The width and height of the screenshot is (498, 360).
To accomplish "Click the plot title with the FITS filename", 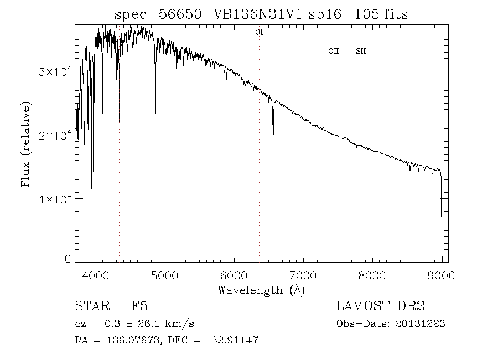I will tap(261, 14).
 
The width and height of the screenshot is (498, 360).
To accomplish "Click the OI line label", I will tap(258, 33).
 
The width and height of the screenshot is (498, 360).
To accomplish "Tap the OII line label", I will tap(333, 52).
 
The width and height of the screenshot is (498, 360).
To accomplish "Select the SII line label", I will tap(361, 52).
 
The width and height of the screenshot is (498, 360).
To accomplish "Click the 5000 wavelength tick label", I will tap(165, 276).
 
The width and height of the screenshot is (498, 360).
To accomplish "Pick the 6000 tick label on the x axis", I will tap(234, 276).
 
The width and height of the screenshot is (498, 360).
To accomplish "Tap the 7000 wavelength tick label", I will tap(303, 276).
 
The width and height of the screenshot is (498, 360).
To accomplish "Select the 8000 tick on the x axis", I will tap(372, 276).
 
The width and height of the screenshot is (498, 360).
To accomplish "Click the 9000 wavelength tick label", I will tap(441, 276).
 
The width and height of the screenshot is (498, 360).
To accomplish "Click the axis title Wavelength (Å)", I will tap(261, 289).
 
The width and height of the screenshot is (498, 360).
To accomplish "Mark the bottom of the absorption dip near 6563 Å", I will tap(273, 146).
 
